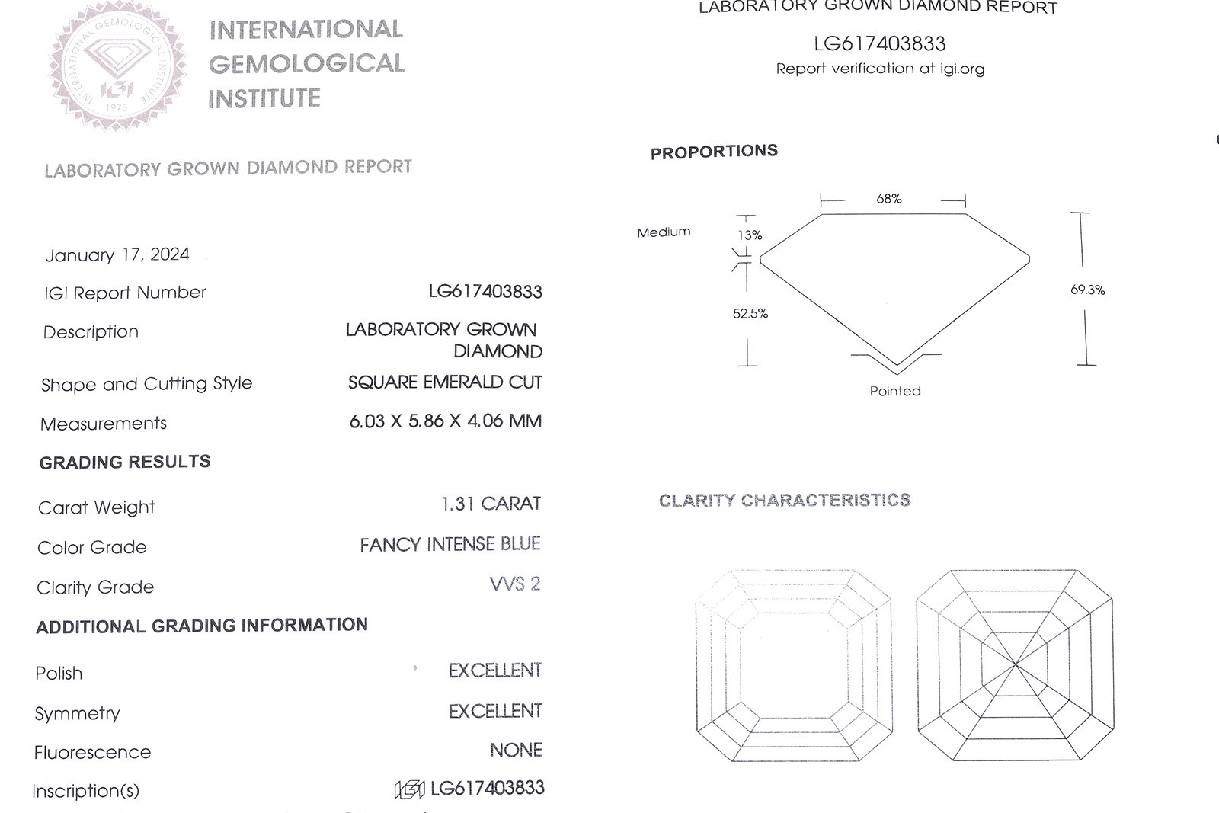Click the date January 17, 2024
tap(117, 254)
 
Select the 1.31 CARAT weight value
tap(491, 504)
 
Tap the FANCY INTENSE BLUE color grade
tap(450, 544)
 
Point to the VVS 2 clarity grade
tap(515, 584)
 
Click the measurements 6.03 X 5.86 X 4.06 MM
tap(446, 421)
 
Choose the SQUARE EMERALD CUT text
tap(445, 382)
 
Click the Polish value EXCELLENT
tap(495, 671)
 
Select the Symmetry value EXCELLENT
tap(495, 711)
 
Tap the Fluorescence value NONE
tap(516, 751)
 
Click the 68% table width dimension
tap(889, 199)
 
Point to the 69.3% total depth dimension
tap(1088, 290)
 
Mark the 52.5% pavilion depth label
tap(750, 313)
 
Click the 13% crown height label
tap(750, 235)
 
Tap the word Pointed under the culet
tap(895, 391)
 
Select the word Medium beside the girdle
tap(664, 232)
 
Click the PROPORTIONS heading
tap(714, 152)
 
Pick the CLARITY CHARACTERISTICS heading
tap(785, 500)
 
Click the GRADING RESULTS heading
tap(125, 462)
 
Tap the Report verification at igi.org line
tap(880, 69)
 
